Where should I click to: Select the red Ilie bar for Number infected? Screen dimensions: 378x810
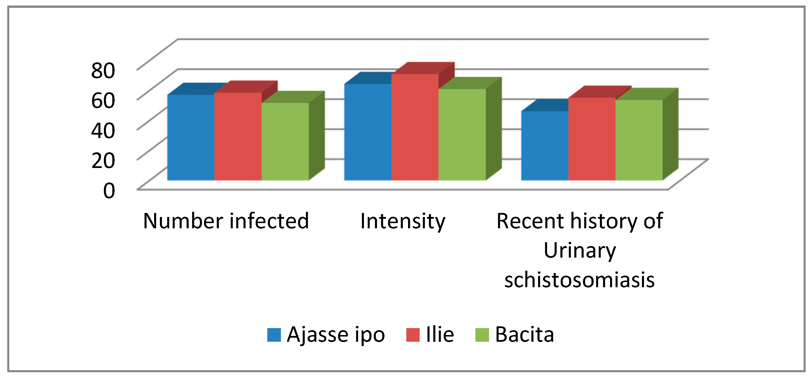(x=238, y=136)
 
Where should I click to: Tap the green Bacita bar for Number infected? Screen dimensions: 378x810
(x=285, y=141)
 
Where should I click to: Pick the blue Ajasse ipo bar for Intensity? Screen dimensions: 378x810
(x=368, y=132)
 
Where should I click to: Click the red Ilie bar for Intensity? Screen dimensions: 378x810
(x=415, y=127)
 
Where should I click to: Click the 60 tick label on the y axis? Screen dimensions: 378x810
(x=103, y=101)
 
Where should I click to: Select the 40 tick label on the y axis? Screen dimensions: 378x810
(x=103, y=130)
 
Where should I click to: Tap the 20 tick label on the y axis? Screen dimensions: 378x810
(x=103, y=160)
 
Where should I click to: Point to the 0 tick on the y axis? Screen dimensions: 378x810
(x=109, y=190)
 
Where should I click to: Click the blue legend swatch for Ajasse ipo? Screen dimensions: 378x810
(x=274, y=335)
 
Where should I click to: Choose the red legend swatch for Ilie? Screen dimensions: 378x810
(x=413, y=335)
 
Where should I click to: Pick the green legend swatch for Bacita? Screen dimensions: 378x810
(x=482, y=335)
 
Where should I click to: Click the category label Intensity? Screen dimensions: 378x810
(x=403, y=222)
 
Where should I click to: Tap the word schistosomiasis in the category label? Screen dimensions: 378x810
(x=580, y=280)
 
